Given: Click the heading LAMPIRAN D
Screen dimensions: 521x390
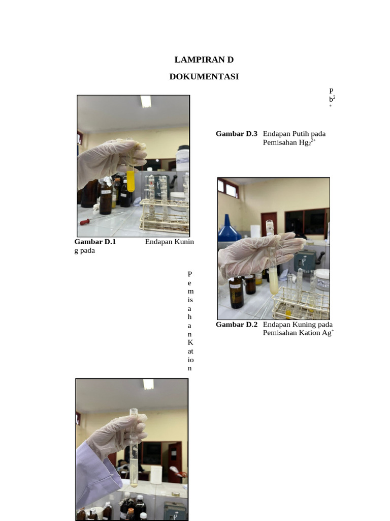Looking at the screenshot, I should [x=204, y=60].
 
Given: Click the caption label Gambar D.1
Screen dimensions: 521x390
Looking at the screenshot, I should [x=95, y=242].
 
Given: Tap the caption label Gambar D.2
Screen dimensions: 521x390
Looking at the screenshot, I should [x=237, y=325].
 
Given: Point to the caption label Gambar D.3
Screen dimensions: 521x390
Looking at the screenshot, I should [x=237, y=134].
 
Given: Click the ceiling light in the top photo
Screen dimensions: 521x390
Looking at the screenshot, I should [x=146, y=101].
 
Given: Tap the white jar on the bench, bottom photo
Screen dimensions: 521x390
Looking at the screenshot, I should [x=156, y=474].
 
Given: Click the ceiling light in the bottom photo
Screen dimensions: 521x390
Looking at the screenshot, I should [x=148, y=384].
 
